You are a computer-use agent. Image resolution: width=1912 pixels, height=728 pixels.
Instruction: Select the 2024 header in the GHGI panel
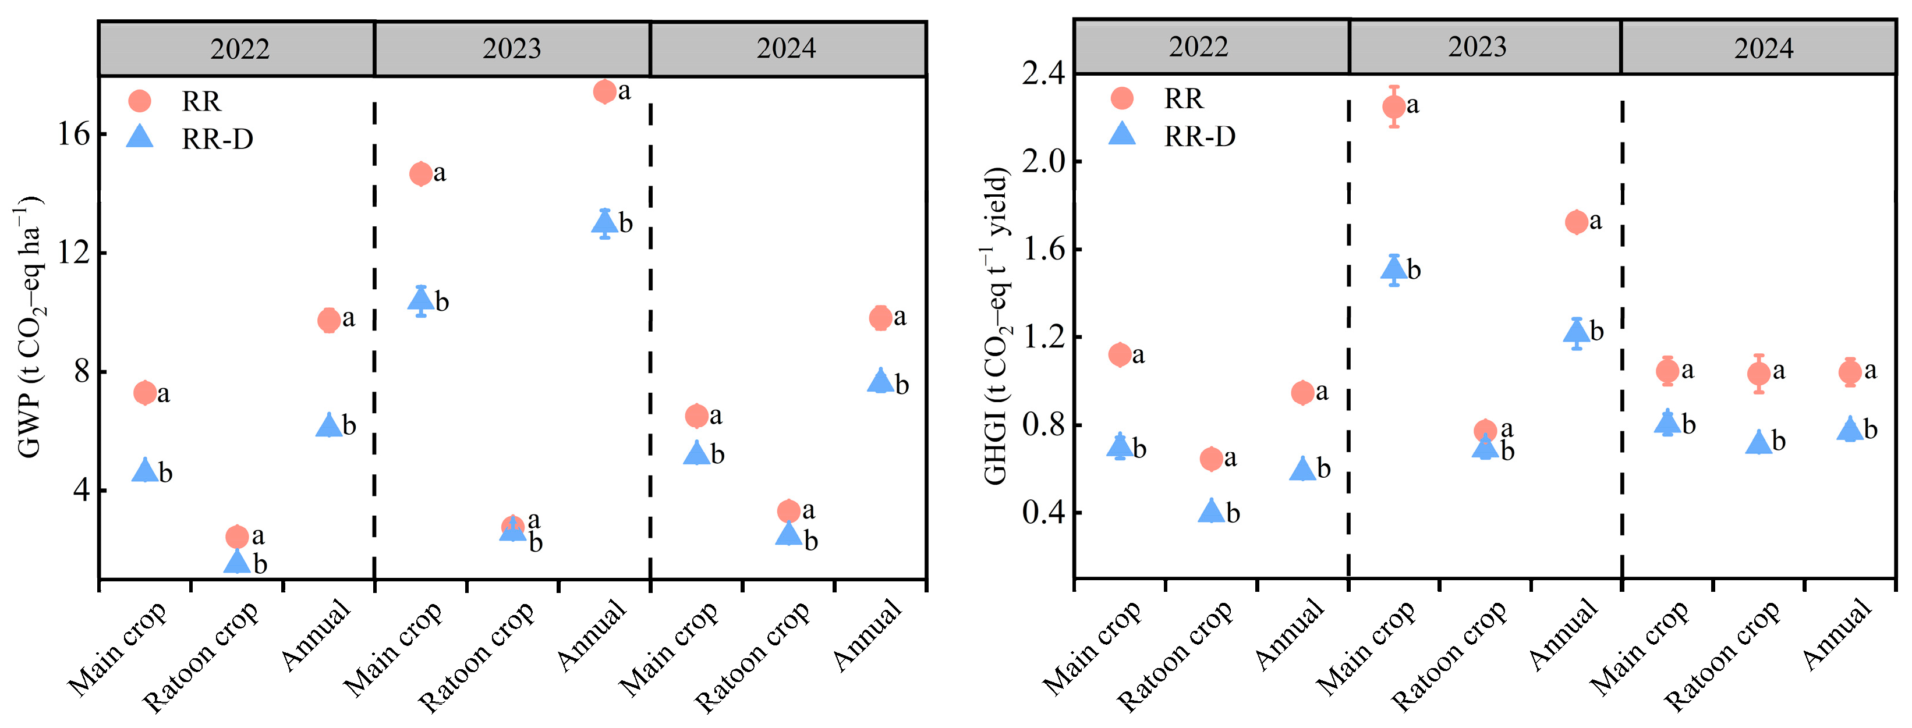click(1763, 48)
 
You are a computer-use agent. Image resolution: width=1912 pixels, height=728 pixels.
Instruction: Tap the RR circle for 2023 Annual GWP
click(605, 91)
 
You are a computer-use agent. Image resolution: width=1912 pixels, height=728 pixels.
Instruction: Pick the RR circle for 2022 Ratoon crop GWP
click(237, 536)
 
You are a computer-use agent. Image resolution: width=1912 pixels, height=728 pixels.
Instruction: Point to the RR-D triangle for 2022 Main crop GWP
click(145, 470)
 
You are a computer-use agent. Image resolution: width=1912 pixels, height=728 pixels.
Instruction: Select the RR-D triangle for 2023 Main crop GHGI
click(1394, 268)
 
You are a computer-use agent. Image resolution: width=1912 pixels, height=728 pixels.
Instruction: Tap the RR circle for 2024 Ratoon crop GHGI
click(1758, 373)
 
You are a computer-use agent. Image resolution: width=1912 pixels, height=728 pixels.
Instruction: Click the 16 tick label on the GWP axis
click(73, 134)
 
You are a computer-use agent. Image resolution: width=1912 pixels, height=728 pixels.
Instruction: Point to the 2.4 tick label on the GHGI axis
click(1042, 73)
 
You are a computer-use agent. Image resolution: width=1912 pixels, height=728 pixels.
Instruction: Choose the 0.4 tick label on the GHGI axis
click(1042, 512)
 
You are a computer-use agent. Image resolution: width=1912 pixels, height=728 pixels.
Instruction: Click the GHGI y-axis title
click(996, 326)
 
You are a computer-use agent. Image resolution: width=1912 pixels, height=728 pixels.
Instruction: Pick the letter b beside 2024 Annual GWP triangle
click(902, 385)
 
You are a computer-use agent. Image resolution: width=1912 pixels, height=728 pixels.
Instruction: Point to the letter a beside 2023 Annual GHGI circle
click(1595, 221)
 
